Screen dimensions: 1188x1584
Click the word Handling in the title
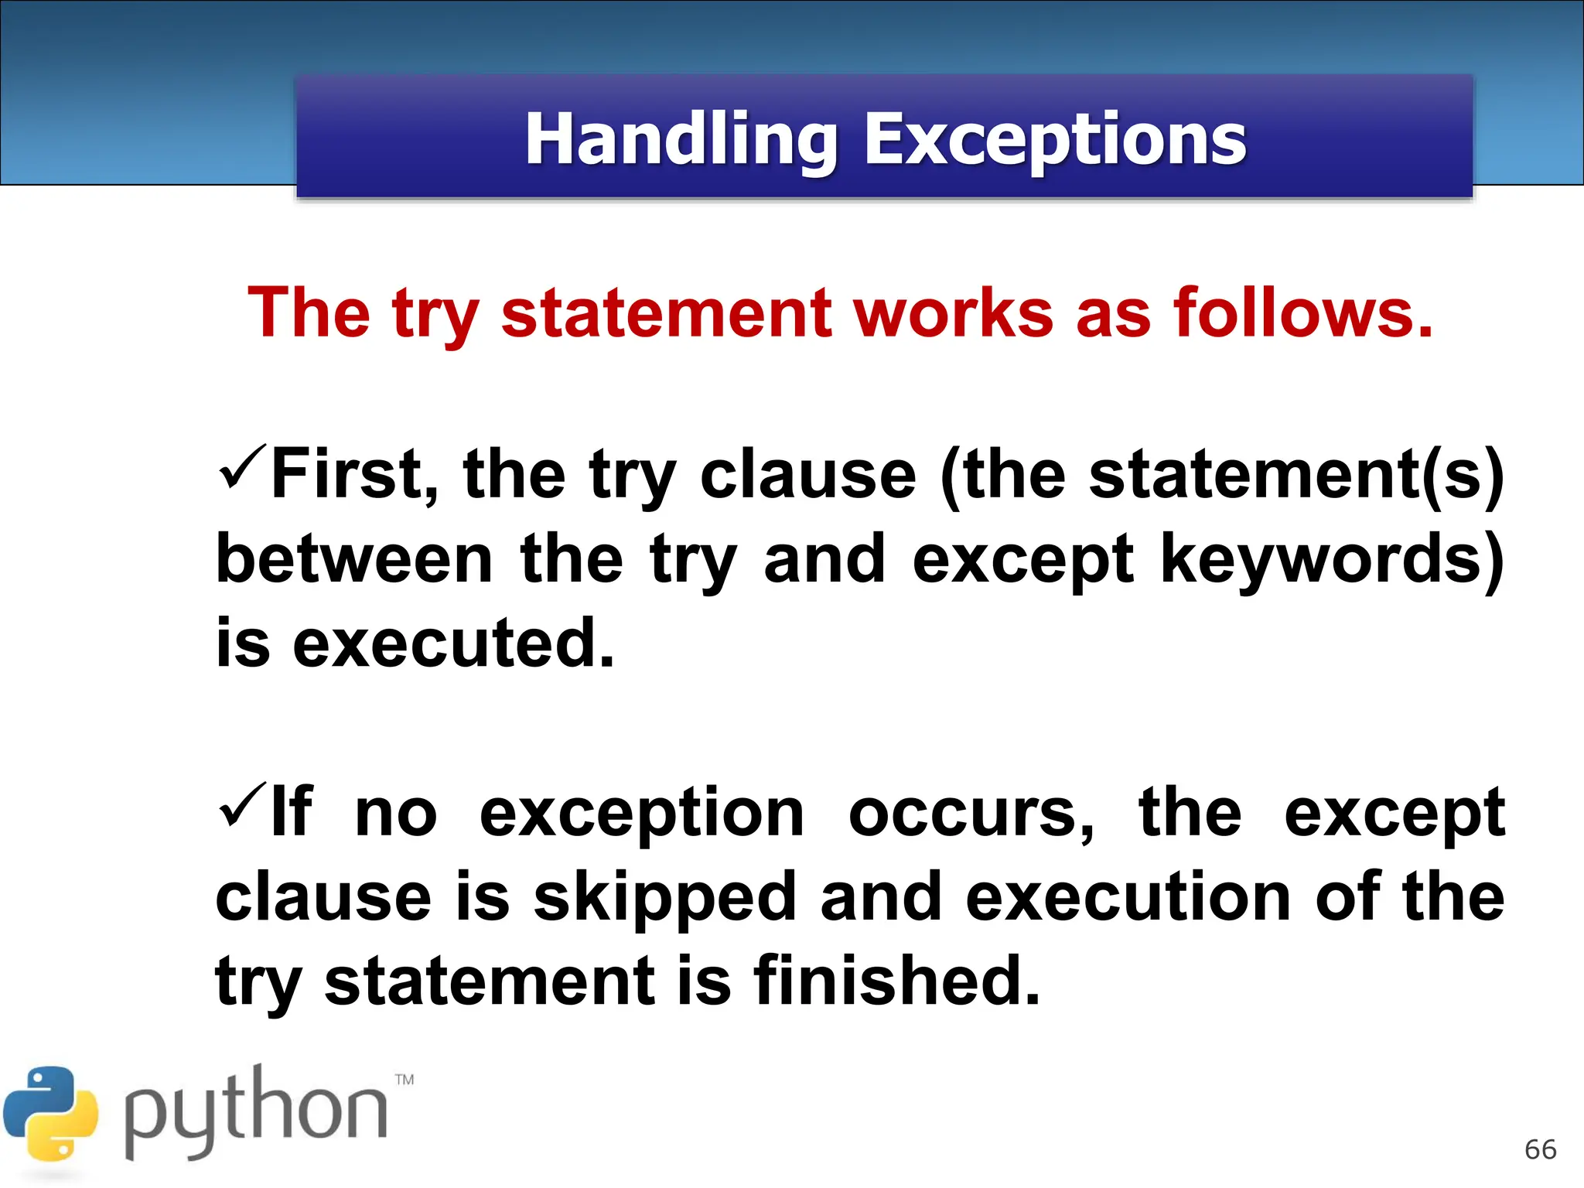681,141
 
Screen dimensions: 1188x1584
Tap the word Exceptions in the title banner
1055,141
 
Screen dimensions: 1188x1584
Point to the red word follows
1303,313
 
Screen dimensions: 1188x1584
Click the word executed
453,643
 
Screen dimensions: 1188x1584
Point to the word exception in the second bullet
642,814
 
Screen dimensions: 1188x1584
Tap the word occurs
971,814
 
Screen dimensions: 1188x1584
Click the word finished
897,981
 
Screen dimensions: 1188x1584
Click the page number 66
1540,1150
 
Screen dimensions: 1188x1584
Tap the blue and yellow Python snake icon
51,1114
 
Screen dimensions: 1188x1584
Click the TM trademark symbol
405,1080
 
